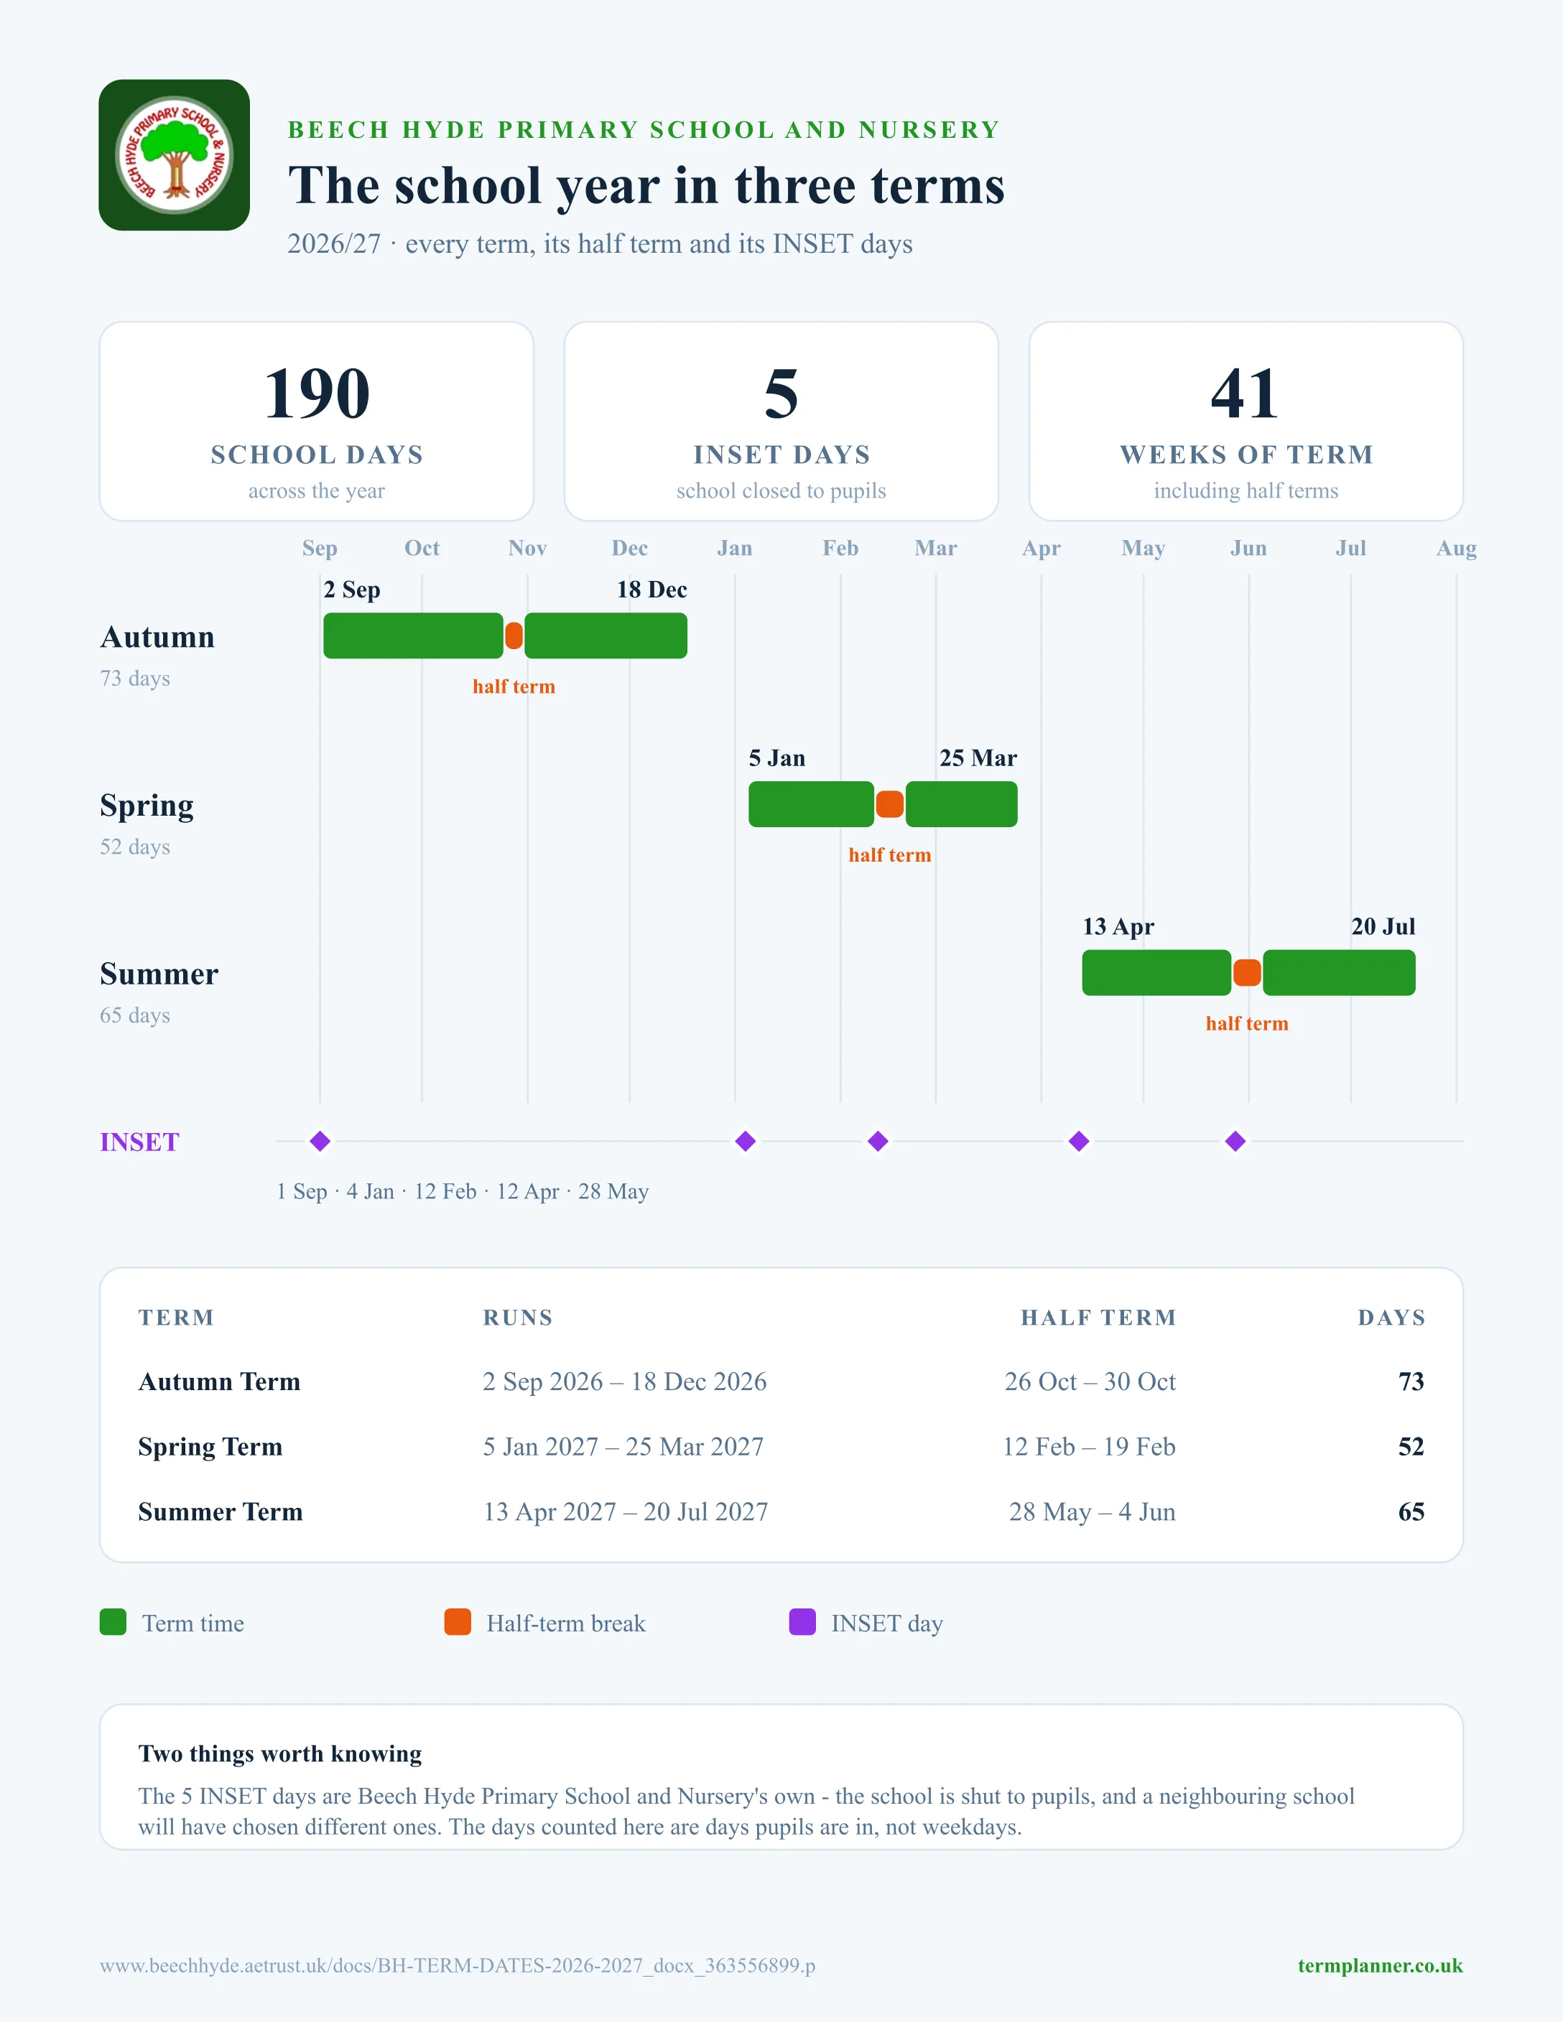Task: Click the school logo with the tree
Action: pyautogui.click(x=174, y=154)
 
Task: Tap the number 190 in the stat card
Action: pyautogui.click(x=317, y=393)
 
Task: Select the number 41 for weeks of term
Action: pyautogui.click(x=1246, y=393)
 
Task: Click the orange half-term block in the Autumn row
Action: pyautogui.click(x=514, y=636)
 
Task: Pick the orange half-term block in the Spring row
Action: pyautogui.click(x=890, y=804)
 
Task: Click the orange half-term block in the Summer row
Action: pyautogui.click(x=1247, y=973)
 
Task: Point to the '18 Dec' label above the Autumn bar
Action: pyautogui.click(x=652, y=590)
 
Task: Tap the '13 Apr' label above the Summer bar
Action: pyautogui.click(x=1118, y=927)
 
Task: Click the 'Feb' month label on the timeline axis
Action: pyautogui.click(x=841, y=548)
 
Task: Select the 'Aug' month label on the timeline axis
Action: pyautogui.click(x=1457, y=548)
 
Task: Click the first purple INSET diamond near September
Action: pyautogui.click(x=320, y=1142)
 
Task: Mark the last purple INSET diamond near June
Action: pyautogui.click(x=1235, y=1142)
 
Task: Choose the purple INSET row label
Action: pyautogui.click(x=140, y=1142)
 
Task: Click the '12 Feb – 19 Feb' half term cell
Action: pyautogui.click(x=1089, y=1447)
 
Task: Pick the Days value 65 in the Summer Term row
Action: pyautogui.click(x=1411, y=1512)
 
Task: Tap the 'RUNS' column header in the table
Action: pyautogui.click(x=518, y=1318)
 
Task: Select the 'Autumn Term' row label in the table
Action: pyautogui.click(x=220, y=1382)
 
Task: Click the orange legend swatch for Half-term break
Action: pyautogui.click(x=458, y=1622)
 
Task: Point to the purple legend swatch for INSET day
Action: pyautogui.click(x=802, y=1622)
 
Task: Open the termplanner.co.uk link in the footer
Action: pyautogui.click(x=1380, y=1965)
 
